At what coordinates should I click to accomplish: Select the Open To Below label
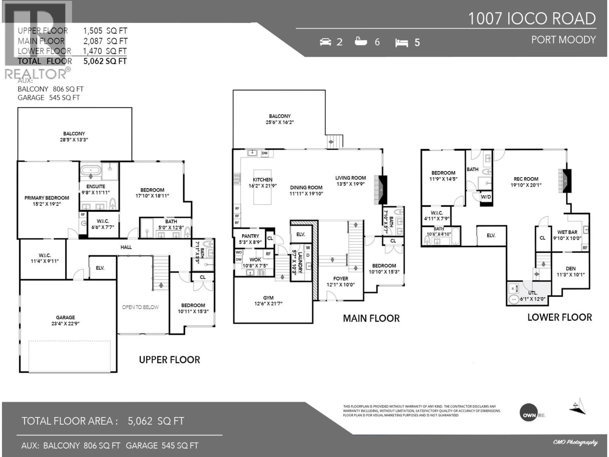(140, 307)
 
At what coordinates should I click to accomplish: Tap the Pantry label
(250, 236)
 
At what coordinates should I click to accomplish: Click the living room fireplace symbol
(381, 190)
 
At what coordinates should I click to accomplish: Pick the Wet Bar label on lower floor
(567, 232)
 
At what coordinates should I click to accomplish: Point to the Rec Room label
(526, 179)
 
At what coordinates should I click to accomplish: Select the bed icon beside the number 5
(401, 43)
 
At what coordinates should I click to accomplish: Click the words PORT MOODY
(563, 40)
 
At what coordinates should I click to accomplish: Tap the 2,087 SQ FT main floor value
(105, 41)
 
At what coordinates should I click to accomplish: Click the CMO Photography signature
(575, 442)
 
